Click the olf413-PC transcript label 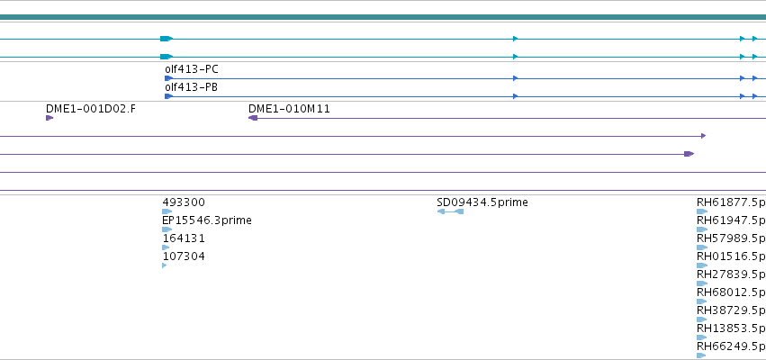(x=192, y=69)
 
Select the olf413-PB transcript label (x=192, y=87)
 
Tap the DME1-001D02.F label (x=91, y=108)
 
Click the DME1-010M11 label (x=289, y=108)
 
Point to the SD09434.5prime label (x=482, y=202)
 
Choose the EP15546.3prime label (x=207, y=220)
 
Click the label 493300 (x=184, y=202)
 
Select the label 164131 (x=184, y=238)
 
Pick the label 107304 (x=184, y=256)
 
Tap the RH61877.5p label (x=731, y=202)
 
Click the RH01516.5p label (x=731, y=256)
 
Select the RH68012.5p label (x=731, y=292)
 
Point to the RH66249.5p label (x=731, y=346)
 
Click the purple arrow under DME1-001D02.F (x=50, y=118)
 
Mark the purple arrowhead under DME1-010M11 (x=253, y=118)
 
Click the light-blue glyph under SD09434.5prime (x=450, y=211)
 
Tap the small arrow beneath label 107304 (x=164, y=265)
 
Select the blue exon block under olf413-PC (x=168, y=78)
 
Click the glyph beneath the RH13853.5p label (x=701, y=337)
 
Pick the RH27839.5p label (x=731, y=274)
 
